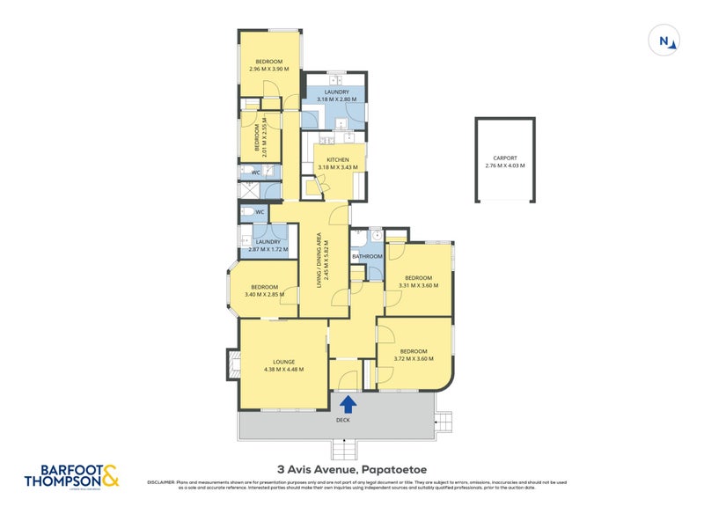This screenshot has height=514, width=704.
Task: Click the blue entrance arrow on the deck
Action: pos(348,403)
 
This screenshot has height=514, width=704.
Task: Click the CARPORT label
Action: pos(504,158)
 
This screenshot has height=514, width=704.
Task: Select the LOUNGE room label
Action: pos(283,361)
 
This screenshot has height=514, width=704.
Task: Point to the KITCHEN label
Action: pos(338,159)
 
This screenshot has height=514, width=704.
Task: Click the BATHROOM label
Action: pos(368,256)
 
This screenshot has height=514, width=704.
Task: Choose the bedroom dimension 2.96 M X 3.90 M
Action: pos(269,69)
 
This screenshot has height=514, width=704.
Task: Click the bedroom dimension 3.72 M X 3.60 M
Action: pos(414,358)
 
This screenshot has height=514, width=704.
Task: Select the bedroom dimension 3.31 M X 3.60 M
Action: pos(418,284)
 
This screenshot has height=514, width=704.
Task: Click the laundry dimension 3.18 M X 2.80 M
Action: pos(336,100)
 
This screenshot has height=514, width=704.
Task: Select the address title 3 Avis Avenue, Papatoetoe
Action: pos(352,469)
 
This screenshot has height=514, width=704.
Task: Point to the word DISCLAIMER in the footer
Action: pos(162,482)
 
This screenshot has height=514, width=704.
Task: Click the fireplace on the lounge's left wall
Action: pos(233,363)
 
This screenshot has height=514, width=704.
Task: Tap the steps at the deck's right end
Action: pos(444,422)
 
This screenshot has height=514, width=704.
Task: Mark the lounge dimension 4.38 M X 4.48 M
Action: pos(283,369)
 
